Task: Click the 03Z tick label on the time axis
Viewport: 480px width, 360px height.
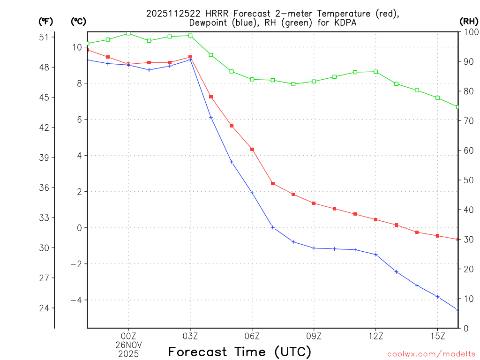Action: tap(190, 336)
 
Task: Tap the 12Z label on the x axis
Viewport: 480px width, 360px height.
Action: tap(376, 336)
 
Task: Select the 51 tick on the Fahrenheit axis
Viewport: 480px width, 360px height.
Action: tap(46, 37)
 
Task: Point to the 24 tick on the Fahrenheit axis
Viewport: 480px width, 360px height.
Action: tap(46, 308)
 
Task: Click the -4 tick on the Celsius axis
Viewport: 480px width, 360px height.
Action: tap(76, 300)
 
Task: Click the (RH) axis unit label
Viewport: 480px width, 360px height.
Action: tap(469, 21)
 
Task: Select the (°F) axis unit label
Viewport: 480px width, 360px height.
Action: tap(46, 21)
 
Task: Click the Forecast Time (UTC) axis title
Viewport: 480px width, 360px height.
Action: tap(240, 352)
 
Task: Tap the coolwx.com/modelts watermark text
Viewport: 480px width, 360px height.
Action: tap(431, 354)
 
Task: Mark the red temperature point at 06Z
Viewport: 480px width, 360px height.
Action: tap(252, 149)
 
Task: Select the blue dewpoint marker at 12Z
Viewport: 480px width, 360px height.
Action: tap(376, 255)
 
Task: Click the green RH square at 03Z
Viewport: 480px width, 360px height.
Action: tap(190, 36)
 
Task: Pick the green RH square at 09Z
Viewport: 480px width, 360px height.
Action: tap(314, 82)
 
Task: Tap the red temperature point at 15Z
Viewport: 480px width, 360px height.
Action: tap(438, 236)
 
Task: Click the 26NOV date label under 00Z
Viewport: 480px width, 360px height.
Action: tap(128, 344)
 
